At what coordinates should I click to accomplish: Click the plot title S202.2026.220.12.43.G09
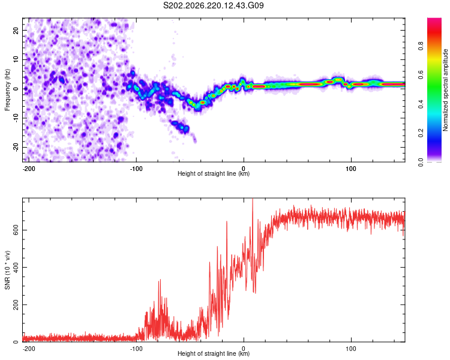click(213, 5)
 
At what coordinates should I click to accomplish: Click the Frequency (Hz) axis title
click(7, 89)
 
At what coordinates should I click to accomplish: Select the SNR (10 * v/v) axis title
click(7, 270)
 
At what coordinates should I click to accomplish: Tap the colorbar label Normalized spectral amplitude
click(445, 90)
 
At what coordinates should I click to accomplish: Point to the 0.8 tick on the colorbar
click(421, 46)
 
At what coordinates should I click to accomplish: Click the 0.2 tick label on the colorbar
click(421, 133)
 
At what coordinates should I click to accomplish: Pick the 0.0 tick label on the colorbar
click(421, 162)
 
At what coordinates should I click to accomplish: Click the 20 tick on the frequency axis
click(16, 30)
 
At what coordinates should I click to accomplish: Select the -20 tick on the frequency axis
click(16, 147)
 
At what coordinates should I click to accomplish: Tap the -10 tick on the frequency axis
click(16, 118)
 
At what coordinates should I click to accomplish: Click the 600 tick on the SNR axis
click(16, 230)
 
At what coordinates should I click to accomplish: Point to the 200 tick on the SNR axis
click(16, 305)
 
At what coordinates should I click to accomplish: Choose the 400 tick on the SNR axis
click(16, 267)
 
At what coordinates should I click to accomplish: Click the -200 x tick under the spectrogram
click(29, 169)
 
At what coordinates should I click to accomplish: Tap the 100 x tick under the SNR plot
click(351, 349)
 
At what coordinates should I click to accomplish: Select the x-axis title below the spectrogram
click(214, 173)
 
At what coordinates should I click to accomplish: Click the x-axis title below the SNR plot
click(214, 353)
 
